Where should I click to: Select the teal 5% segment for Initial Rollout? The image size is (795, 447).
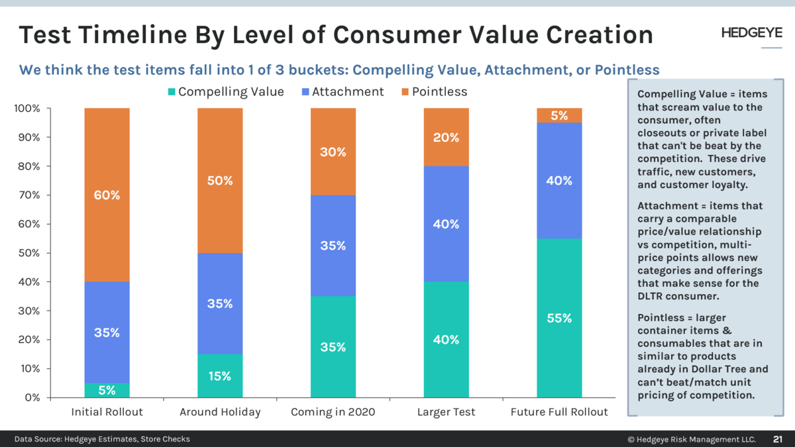107,390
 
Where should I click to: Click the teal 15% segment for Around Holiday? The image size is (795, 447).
220,375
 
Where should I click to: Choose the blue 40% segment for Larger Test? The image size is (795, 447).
446,224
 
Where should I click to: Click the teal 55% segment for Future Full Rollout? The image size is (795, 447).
559,318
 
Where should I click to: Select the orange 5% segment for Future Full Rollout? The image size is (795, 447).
559,115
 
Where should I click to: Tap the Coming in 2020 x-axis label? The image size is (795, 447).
333,412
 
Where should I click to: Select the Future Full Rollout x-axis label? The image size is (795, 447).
559,412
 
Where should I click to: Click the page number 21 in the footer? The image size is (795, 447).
778,439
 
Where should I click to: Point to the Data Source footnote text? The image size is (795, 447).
102,439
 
